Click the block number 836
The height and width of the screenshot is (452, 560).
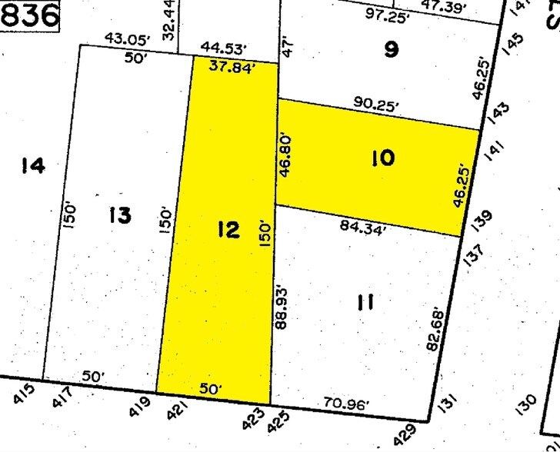tap(29, 15)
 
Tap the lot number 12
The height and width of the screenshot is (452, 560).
tap(228, 230)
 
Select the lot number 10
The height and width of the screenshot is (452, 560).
tap(382, 159)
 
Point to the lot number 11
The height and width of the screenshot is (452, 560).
tap(365, 302)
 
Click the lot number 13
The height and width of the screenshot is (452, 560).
tap(120, 216)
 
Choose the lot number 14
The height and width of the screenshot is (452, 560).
tap(33, 165)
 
